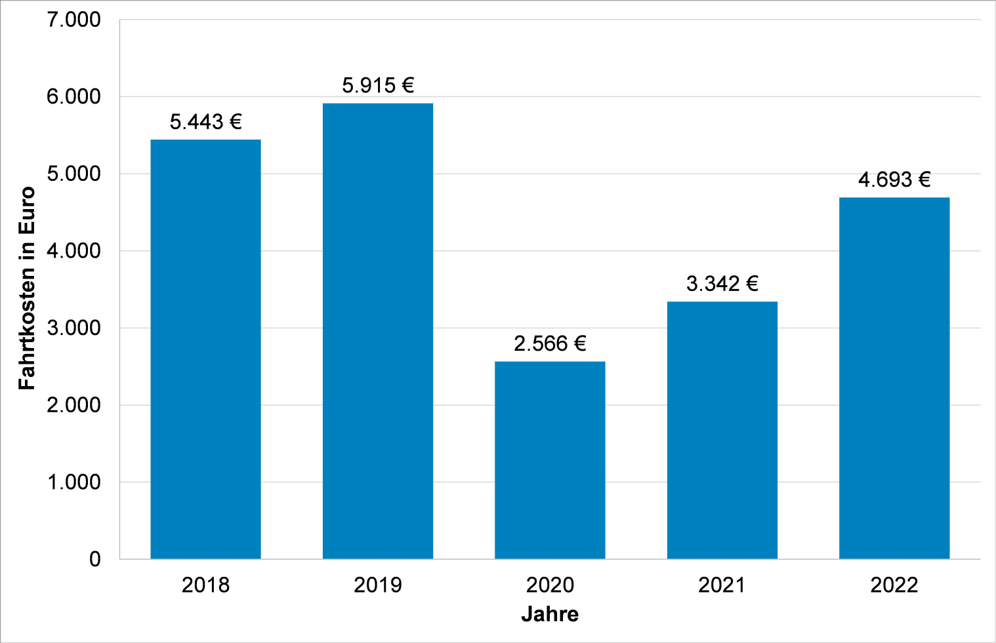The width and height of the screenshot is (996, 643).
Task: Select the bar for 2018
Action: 205,349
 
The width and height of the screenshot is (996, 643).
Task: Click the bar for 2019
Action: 377,331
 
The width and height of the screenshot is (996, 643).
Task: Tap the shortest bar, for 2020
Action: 550,459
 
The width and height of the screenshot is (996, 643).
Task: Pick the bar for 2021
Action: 722,430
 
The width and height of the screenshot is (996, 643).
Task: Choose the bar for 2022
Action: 894,378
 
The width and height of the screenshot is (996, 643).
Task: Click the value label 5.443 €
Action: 205,122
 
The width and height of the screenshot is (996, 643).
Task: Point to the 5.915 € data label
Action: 378,85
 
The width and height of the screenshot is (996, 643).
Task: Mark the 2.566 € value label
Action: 550,343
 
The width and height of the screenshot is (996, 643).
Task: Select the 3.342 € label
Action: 722,284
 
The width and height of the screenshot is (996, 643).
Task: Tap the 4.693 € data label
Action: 894,180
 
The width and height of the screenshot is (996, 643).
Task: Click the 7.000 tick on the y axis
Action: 73,20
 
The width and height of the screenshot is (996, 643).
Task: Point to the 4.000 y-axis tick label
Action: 73,251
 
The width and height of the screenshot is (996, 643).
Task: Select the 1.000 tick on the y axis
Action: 73,482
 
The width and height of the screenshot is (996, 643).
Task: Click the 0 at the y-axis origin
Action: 95,559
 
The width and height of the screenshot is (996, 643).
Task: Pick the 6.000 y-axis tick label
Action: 73,97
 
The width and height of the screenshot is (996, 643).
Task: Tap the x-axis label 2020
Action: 550,585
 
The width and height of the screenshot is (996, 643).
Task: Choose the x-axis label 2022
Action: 894,585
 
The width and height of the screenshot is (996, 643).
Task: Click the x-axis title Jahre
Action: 550,614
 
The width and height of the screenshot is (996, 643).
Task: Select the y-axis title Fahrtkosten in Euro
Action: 26,288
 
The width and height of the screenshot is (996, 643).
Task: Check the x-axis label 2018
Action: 205,585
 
